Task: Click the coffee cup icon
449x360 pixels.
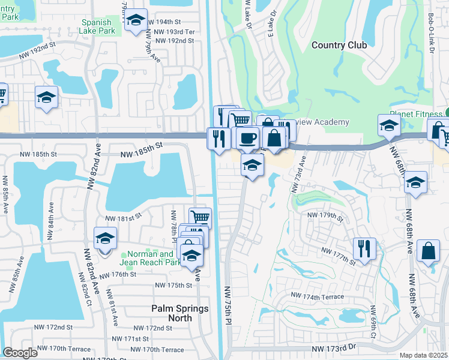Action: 246,139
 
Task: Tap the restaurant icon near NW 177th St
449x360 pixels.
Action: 364,248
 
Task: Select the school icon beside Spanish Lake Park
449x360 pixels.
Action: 136,20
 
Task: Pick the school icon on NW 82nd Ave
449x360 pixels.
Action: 105,238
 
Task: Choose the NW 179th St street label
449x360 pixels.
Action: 324,215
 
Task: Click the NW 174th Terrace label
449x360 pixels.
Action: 318,296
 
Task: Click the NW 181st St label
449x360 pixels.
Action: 123,218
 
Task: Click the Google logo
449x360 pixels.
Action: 20,352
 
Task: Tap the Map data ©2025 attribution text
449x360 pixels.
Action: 423,355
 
